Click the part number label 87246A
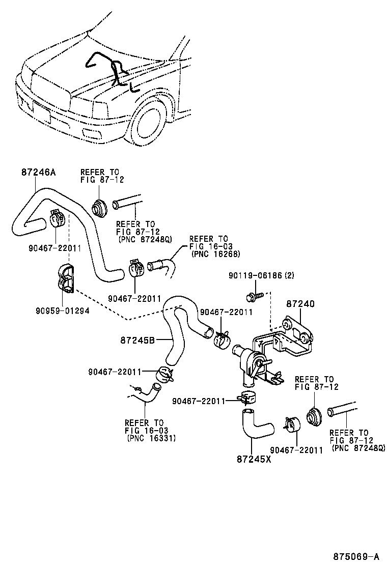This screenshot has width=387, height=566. (x=38, y=173)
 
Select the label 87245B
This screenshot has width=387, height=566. (x=137, y=339)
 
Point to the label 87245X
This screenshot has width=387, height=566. (x=254, y=459)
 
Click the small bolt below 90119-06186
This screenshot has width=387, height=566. (x=253, y=295)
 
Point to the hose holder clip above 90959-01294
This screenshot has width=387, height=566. (x=67, y=280)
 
